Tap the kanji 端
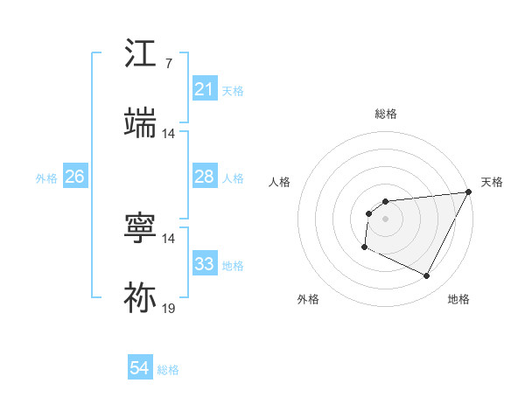click(x=141, y=122)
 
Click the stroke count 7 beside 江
click(x=169, y=64)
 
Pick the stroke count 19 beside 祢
click(x=168, y=309)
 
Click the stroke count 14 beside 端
click(x=168, y=134)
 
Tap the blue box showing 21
click(x=204, y=89)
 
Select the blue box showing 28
click(x=204, y=177)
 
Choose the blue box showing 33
click(x=204, y=264)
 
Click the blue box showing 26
click(x=74, y=177)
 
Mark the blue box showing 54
click(x=140, y=369)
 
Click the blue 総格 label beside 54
click(x=168, y=370)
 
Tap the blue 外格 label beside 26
click(x=46, y=178)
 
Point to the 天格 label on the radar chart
click(x=492, y=182)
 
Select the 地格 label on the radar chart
click(x=458, y=299)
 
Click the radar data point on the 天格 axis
click(x=468, y=192)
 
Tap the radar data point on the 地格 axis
click(x=427, y=276)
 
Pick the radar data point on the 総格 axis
click(x=385, y=202)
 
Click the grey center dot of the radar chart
click(x=385, y=219)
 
